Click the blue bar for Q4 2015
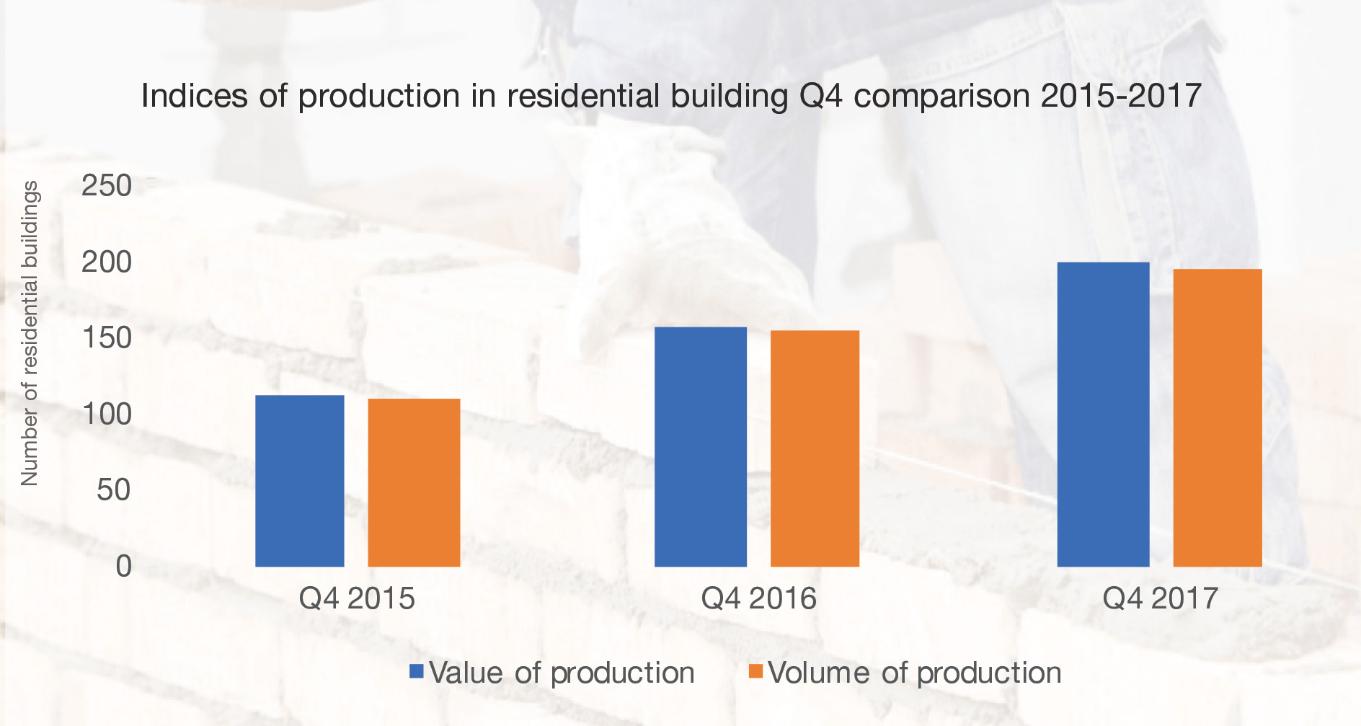[299, 481]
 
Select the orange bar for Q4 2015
[414, 482]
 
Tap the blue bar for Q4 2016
[700, 447]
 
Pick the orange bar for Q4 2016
[815, 448]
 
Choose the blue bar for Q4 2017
[1103, 415]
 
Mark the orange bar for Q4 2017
[1218, 417]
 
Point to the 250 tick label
[107, 186]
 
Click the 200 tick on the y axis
[107, 262]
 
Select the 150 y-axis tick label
[107, 337]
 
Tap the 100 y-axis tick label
[107, 414]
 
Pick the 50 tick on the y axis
[114, 490]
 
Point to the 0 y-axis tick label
[124, 566]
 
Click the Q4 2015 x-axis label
[357, 598]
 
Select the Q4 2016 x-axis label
[758, 598]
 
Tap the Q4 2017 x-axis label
[1160, 598]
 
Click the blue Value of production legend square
[416, 672]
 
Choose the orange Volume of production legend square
[755, 672]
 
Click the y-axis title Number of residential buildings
[30, 333]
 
